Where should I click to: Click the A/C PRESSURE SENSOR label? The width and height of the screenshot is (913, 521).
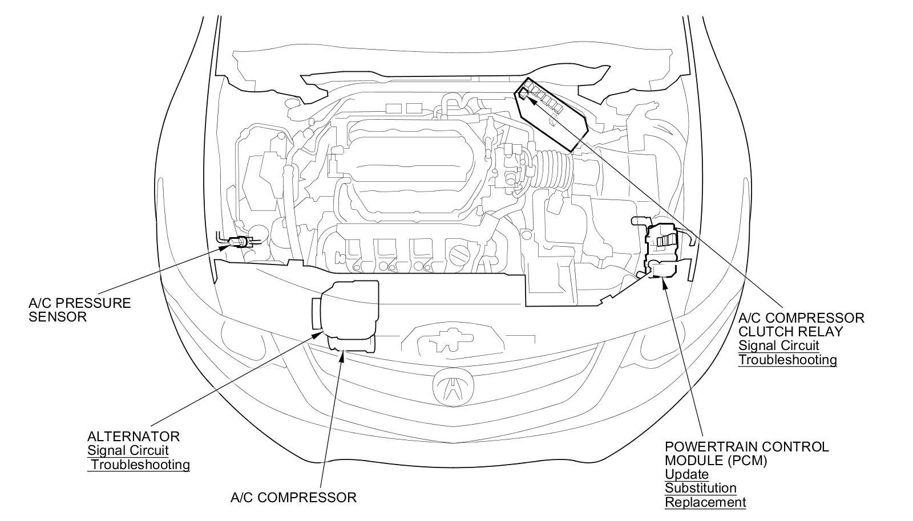pos(79,310)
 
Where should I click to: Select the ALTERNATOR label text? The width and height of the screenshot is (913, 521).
pos(133,437)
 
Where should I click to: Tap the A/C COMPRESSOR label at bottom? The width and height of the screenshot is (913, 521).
pos(293,498)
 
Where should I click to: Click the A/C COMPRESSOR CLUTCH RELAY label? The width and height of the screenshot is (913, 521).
pos(801,324)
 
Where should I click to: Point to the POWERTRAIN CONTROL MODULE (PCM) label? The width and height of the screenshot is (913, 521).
pos(746,453)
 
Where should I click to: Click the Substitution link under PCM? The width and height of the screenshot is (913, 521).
pos(700,489)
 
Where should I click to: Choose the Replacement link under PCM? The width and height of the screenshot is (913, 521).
pos(705,503)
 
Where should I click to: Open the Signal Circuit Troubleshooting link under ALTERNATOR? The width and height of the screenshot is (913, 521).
pos(138,458)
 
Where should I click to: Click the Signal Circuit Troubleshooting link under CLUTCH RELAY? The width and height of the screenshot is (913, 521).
pos(787,353)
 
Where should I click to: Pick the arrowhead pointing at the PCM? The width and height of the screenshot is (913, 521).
pos(663,282)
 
